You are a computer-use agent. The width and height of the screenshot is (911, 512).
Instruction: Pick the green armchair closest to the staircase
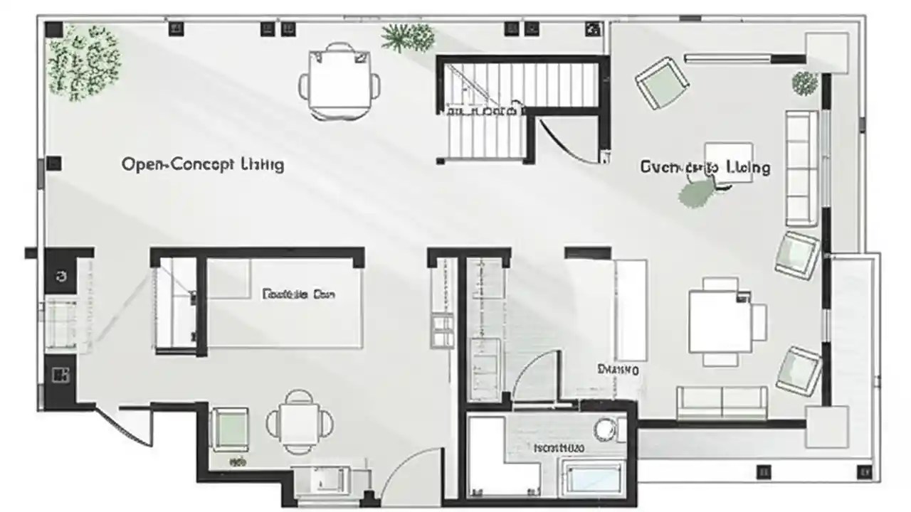(x=661, y=82)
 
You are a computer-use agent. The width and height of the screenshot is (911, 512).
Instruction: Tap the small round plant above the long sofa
(x=804, y=83)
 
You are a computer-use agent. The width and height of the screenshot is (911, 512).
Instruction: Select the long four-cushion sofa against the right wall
(x=801, y=168)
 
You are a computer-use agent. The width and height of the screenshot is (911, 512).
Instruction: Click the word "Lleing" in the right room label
(x=747, y=168)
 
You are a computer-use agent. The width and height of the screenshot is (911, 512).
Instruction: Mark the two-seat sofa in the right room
(x=722, y=402)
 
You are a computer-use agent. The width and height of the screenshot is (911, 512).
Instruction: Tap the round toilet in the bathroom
(x=606, y=428)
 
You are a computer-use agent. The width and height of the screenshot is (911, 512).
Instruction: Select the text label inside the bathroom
(x=559, y=449)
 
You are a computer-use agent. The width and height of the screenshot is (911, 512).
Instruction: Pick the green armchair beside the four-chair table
(x=230, y=429)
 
